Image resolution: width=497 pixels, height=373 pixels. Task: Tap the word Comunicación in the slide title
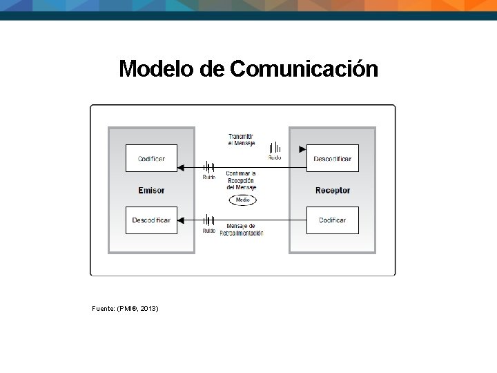click(x=304, y=69)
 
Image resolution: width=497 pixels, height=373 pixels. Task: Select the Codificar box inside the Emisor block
click(x=151, y=158)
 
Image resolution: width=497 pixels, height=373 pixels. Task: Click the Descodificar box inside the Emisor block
click(x=151, y=220)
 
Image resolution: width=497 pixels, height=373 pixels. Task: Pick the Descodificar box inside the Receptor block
click(x=332, y=158)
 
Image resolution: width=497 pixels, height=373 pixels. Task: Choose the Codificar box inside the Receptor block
click(x=332, y=220)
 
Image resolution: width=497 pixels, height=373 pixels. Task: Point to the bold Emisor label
click(x=151, y=190)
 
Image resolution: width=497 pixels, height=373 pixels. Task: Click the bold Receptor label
click(x=333, y=190)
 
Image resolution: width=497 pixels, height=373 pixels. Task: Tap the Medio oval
click(x=242, y=200)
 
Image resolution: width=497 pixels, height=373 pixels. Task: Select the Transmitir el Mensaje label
click(x=242, y=140)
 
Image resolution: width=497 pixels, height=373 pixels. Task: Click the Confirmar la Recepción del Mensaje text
click(x=241, y=180)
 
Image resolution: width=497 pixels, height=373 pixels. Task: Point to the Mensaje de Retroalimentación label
click(x=241, y=229)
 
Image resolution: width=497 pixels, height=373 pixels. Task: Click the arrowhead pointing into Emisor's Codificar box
click(x=181, y=167)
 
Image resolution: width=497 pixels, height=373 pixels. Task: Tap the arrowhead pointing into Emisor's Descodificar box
click(x=181, y=220)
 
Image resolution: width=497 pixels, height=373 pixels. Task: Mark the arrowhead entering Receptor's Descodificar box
click(x=302, y=149)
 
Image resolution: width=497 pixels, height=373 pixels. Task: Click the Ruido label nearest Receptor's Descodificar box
click(x=275, y=157)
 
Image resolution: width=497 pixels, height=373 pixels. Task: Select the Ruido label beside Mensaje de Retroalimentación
click(x=208, y=231)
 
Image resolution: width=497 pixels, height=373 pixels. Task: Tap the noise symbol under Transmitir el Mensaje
click(x=275, y=147)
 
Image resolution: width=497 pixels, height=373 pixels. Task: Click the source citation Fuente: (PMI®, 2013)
click(x=125, y=308)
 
